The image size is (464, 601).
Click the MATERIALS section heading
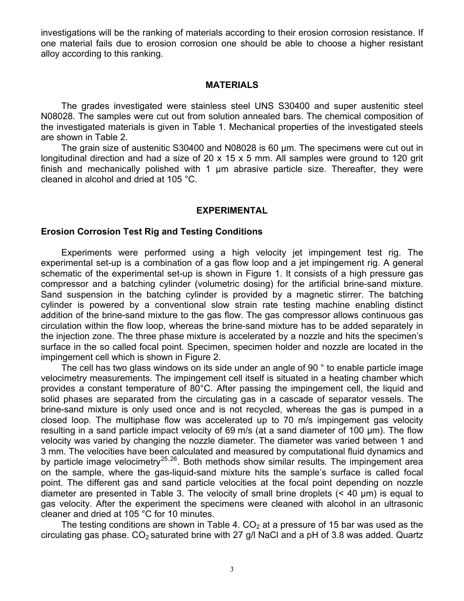pos(232,85)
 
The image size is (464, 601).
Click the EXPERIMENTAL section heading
pos(232,211)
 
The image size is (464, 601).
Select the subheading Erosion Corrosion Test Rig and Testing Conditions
pos(151,232)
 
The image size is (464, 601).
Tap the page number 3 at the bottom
pos(232,569)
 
